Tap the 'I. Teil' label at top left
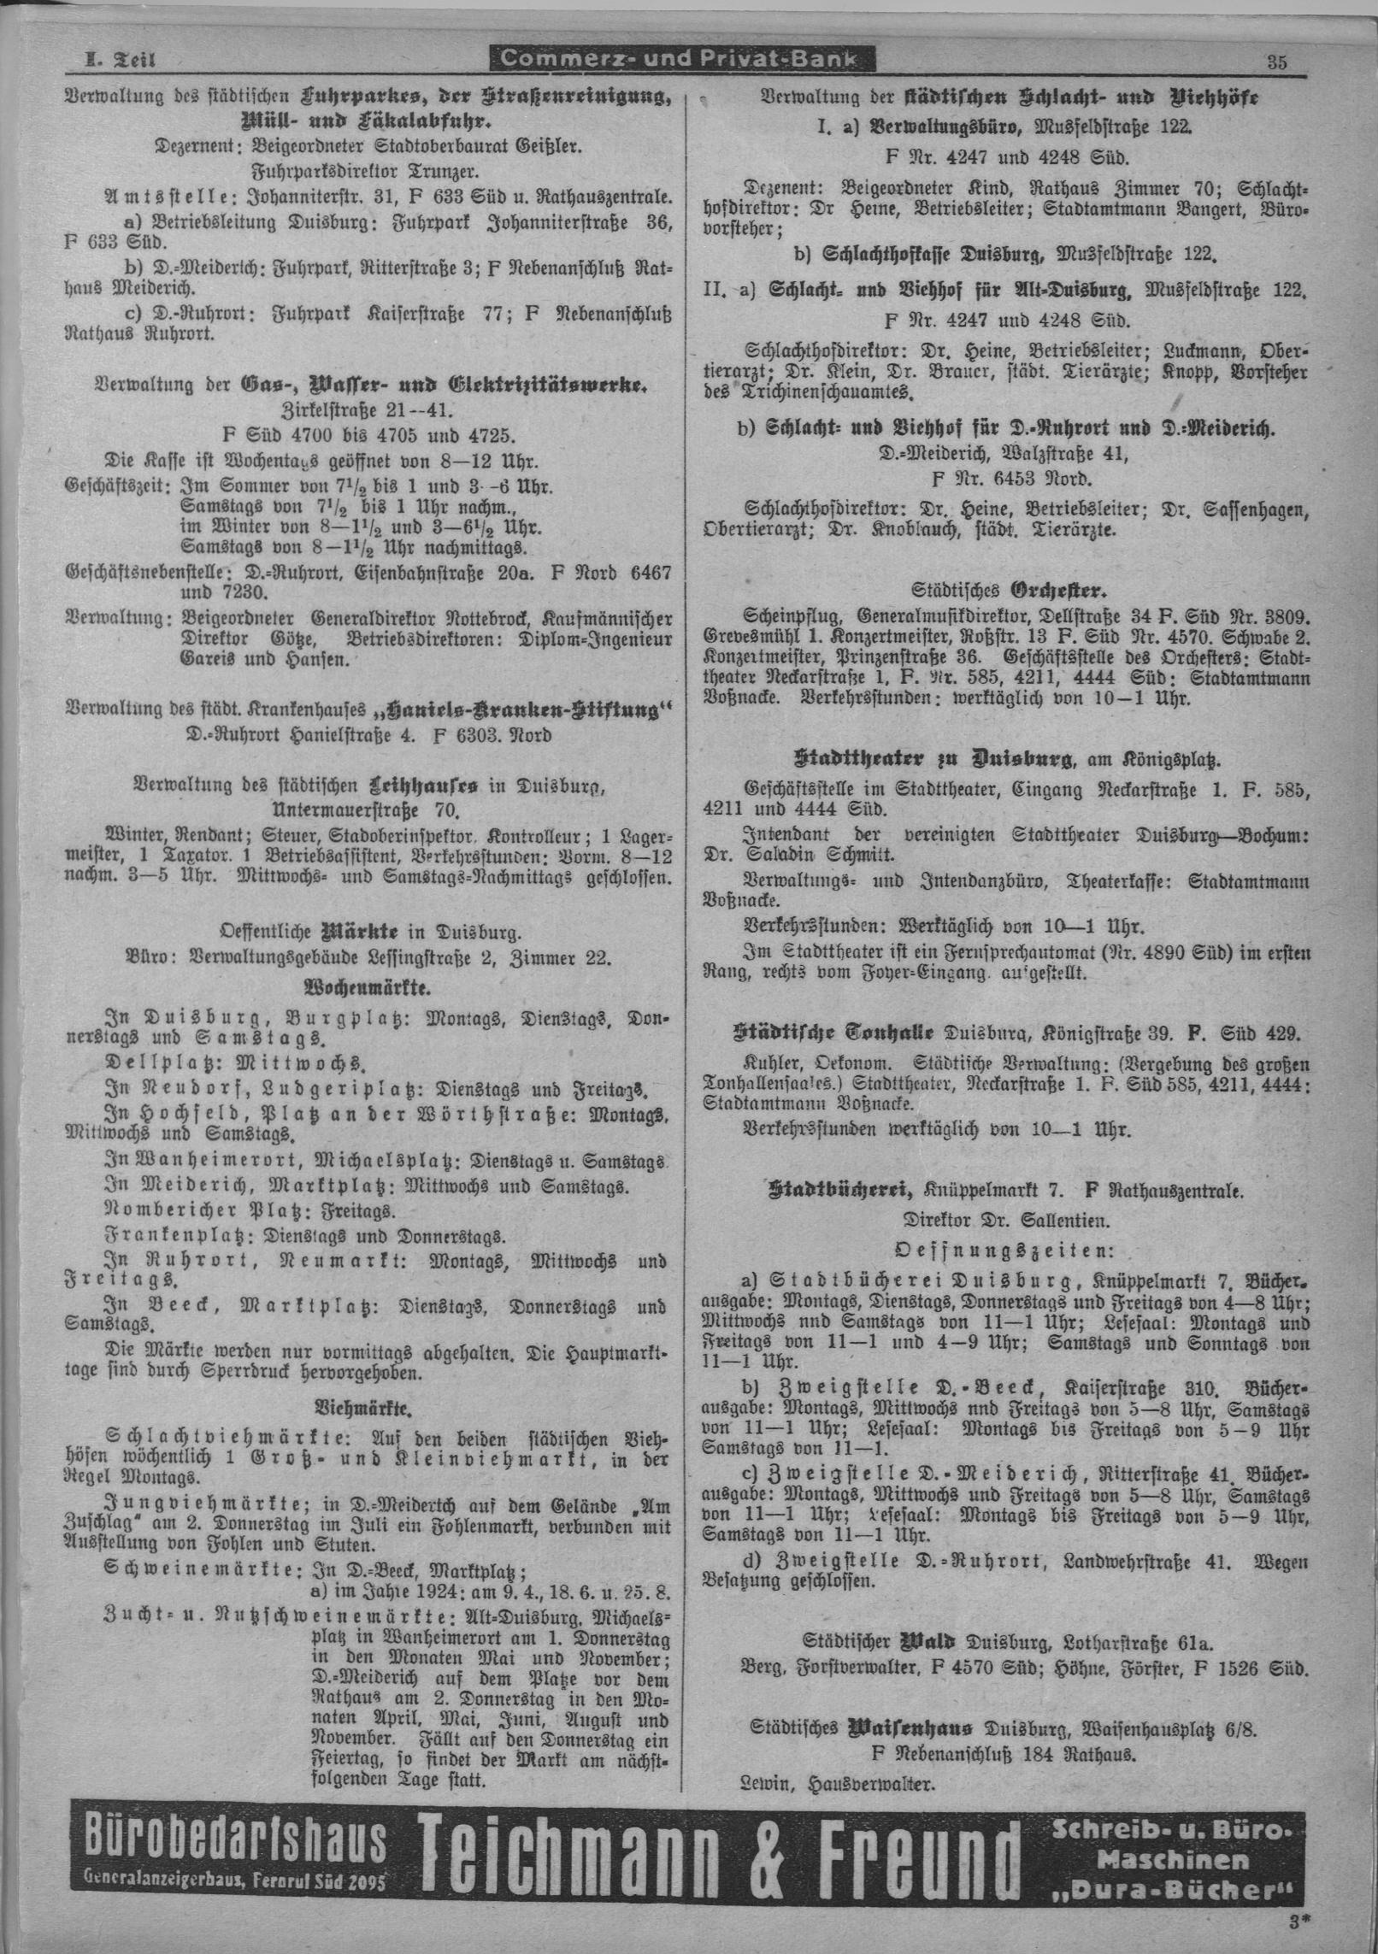115,61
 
